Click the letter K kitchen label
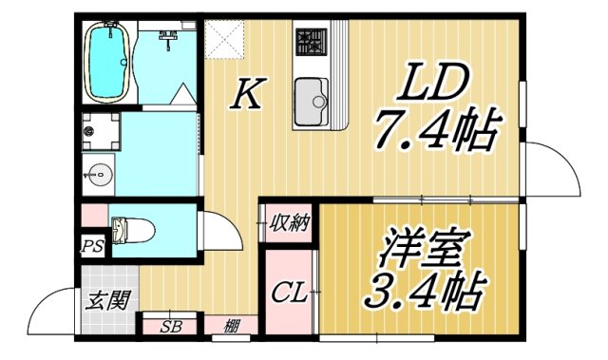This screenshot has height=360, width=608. point(249,94)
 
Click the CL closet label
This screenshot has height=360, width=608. point(289,293)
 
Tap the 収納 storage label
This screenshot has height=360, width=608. point(289,224)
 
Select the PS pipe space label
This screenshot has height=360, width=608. point(92,247)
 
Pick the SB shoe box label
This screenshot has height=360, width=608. point(171,327)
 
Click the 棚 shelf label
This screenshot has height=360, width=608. point(232,327)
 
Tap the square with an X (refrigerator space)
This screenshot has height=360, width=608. point(224,38)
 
